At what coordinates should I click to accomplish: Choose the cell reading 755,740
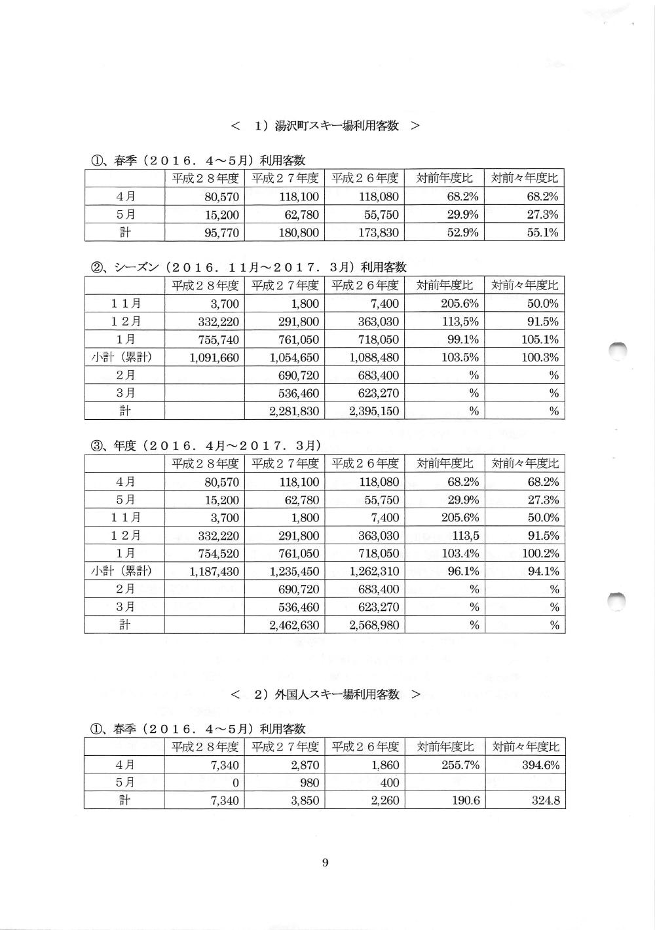[219, 340]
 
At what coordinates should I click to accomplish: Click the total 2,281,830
[294, 411]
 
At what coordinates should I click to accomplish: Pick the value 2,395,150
[374, 411]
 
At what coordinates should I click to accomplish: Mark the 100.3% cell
[540, 358]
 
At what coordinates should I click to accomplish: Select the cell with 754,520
[219, 553]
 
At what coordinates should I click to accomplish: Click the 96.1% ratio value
[462, 572]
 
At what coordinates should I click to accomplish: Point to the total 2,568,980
[374, 625]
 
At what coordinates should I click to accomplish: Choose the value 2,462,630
[294, 625]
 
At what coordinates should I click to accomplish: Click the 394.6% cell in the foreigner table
[540, 765]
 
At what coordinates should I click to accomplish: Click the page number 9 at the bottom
[325, 863]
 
